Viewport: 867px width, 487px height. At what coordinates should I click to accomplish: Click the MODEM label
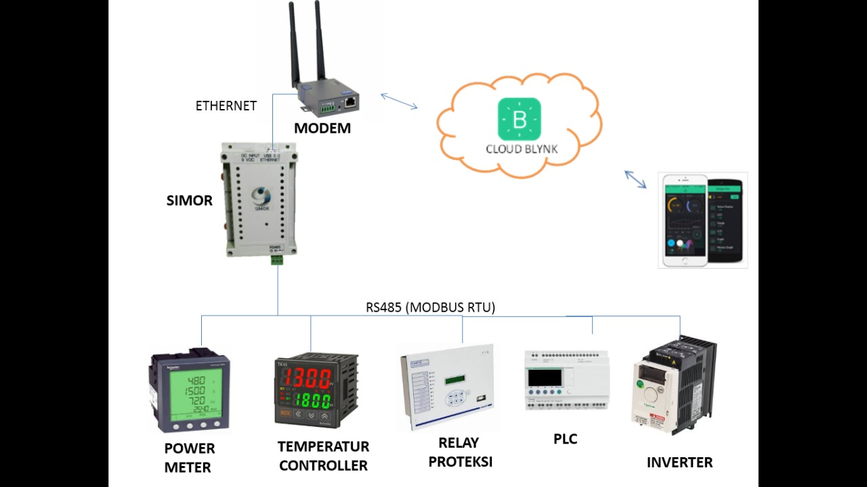322,128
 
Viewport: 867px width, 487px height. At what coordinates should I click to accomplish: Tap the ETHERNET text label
226,106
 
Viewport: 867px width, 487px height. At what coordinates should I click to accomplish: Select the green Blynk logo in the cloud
520,119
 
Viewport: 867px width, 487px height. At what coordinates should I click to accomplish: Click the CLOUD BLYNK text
522,149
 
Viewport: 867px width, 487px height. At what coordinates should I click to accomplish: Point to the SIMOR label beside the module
190,200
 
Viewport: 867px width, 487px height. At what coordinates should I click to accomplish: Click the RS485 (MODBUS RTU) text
431,308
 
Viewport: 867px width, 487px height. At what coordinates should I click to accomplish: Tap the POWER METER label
189,458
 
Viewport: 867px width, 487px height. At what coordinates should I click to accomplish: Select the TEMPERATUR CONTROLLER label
323,456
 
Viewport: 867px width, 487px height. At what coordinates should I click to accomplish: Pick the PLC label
565,439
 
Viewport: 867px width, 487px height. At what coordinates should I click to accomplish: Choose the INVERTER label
679,463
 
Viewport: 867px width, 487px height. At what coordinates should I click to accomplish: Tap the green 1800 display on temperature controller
312,399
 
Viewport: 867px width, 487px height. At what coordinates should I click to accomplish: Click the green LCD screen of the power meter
189,395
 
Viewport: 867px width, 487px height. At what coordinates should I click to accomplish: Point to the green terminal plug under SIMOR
277,259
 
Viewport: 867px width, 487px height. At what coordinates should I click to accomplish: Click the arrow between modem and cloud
399,101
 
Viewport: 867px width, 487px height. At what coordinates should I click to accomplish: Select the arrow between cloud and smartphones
635,179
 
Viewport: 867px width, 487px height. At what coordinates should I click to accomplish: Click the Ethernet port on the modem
350,103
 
